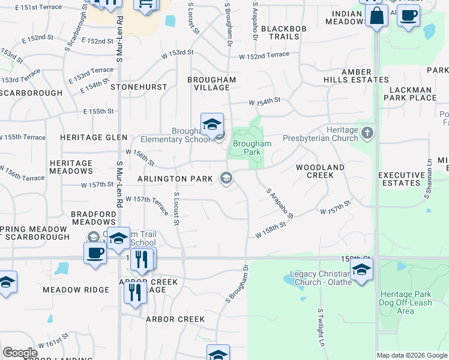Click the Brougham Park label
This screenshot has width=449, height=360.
tap(252, 148)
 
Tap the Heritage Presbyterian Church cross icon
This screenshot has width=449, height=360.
tap(367, 132)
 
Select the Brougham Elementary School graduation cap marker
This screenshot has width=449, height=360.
tap(212, 125)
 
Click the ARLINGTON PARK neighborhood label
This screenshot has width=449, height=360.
tap(175, 179)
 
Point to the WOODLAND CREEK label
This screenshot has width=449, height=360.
tap(320, 171)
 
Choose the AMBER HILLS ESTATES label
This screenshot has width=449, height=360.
tap(357, 76)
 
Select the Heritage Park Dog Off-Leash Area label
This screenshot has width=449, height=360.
tap(406, 302)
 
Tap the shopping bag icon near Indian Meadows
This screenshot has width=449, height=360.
tap(377, 16)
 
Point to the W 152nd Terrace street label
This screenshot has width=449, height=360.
tap(264, 56)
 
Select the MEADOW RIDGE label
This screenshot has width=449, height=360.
tap(76, 290)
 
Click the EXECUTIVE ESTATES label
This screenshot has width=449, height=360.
tap(399, 179)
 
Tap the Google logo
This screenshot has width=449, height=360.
tap(20, 353)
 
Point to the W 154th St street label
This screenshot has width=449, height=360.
tap(265, 100)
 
